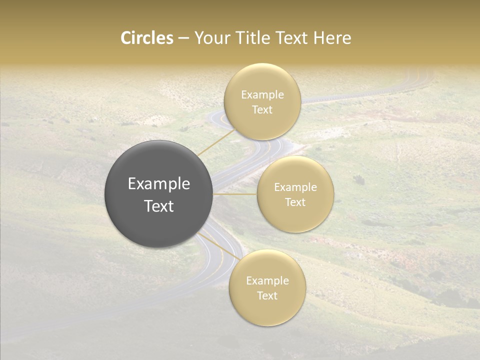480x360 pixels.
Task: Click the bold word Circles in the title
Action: click(147, 38)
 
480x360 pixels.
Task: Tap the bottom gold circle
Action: click(267, 310)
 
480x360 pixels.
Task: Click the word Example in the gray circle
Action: click(159, 184)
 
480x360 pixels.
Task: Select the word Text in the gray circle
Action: click(159, 206)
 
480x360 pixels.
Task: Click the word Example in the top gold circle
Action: click(262, 95)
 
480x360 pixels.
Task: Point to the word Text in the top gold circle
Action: click(262, 110)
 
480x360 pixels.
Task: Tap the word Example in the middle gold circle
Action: click(295, 187)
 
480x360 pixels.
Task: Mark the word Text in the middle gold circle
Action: click(295, 202)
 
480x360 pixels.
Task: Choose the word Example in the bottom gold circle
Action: click(267, 281)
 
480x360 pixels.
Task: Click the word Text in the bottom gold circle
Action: click(267, 296)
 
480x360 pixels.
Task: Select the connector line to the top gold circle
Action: click(215, 142)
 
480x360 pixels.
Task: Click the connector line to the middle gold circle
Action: click(235, 194)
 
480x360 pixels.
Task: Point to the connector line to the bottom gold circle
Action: click(218, 246)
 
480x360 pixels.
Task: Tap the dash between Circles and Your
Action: click(183, 38)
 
